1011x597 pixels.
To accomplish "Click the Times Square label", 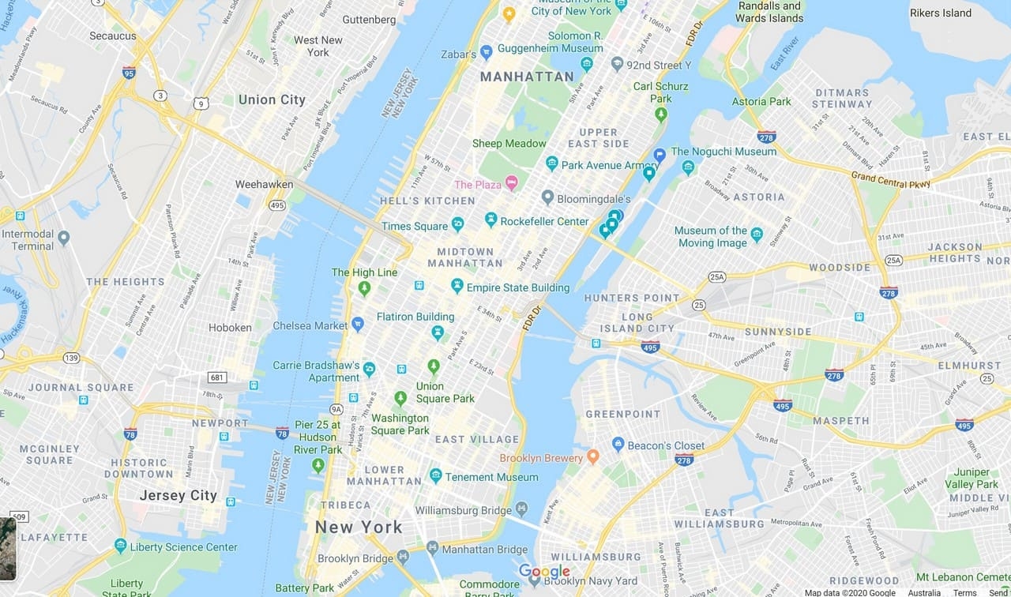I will (415, 226).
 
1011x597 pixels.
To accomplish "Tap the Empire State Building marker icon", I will (457, 286).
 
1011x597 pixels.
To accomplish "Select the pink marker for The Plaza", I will (511, 183).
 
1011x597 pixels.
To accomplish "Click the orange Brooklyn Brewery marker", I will (593, 457).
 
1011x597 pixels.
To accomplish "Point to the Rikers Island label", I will (940, 13).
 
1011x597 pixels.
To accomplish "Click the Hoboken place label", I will (230, 327).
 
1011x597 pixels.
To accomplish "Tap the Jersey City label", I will (178, 496).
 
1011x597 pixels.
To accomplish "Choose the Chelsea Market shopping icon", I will (358, 324).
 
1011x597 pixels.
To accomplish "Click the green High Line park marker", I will (364, 288).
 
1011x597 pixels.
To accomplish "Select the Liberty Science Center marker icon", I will (120, 546).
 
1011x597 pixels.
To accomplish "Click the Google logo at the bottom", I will (544, 572).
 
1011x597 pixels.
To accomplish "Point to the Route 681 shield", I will (217, 377).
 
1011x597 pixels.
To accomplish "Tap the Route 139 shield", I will (72, 358).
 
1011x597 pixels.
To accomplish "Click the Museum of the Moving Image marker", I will (757, 235).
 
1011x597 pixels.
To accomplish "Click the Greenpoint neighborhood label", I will (622, 414).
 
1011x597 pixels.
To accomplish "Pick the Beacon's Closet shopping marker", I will (618, 445).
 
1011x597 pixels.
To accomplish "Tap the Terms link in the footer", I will (964, 592).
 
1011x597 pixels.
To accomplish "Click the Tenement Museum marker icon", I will (435, 475).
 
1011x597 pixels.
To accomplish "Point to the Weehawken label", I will (264, 184).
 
